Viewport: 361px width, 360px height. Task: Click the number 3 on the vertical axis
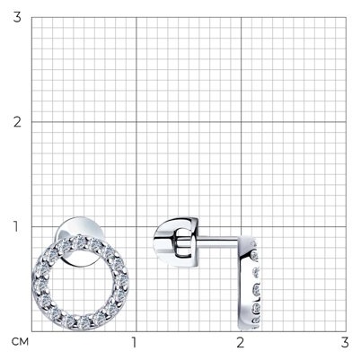17,17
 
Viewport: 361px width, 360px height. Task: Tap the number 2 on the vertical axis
17,122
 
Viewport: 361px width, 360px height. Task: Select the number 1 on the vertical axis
16,226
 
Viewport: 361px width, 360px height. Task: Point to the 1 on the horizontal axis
135,342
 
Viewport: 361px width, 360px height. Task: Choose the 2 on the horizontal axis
240,342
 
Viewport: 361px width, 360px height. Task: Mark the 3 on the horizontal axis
345,342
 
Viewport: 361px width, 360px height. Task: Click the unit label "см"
20,341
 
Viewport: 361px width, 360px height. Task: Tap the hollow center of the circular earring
80,283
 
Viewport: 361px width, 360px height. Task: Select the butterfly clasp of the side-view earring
176,242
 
